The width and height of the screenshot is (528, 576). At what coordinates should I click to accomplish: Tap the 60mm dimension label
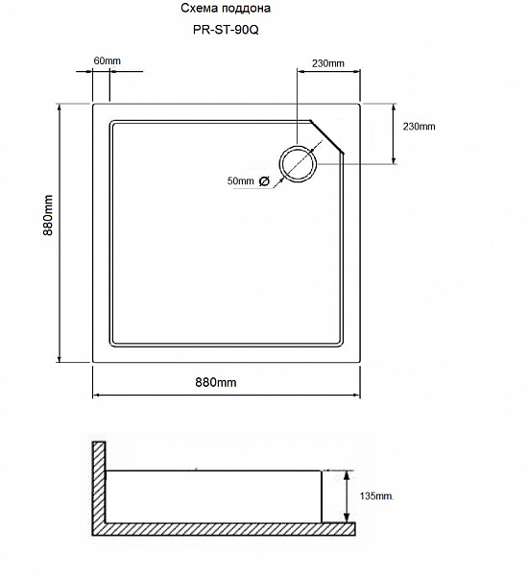[108, 62]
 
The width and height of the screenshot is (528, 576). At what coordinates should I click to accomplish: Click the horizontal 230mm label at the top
[327, 63]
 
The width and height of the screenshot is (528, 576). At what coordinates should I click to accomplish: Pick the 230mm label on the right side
[419, 127]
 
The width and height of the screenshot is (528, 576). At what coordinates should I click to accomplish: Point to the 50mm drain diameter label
[240, 180]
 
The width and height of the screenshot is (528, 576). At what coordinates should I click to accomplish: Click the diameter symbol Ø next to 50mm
[265, 180]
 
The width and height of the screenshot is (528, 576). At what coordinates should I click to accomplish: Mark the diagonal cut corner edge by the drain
[328, 137]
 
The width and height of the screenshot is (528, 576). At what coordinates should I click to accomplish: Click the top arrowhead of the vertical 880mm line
[61, 106]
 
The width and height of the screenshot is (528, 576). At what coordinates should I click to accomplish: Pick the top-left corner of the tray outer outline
[93, 103]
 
